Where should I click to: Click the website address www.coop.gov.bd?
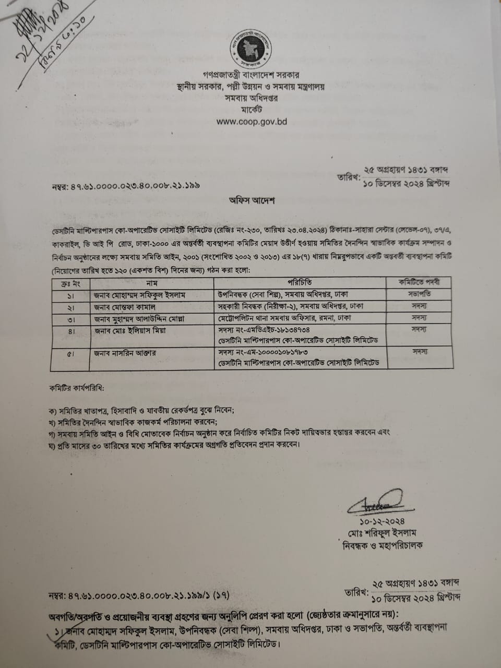[x=251, y=121]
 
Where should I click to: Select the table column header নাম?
[x=152, y=282]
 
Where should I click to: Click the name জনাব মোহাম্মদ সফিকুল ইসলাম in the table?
[x=139, y=294]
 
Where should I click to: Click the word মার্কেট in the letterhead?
[x=252, y=110]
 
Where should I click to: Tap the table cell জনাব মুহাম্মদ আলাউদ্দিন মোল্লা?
[x=139, y=318]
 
